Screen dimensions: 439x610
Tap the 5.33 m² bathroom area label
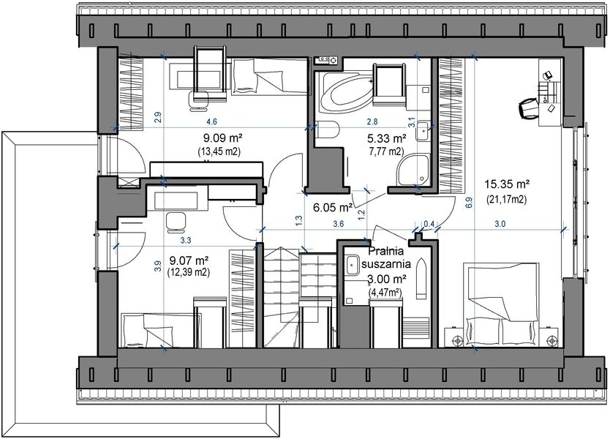(x=386, y=138)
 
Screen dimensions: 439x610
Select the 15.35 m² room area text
(x=505, y=185)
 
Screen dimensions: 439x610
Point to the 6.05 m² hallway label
(x=333, y=207)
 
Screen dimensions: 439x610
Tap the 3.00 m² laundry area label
(x=387, y=279)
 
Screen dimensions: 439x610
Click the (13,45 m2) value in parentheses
(x=219, y=151)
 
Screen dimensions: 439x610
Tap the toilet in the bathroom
(x=328, y=132)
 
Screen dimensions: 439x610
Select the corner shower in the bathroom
(x=413, y=170)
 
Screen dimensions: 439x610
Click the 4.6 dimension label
(x=211, y=121)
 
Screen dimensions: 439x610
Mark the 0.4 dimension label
(x=429, y=224)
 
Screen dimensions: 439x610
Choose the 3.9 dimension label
(x=157, y=266)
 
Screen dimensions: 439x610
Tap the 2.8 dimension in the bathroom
(x=372, y=121)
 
